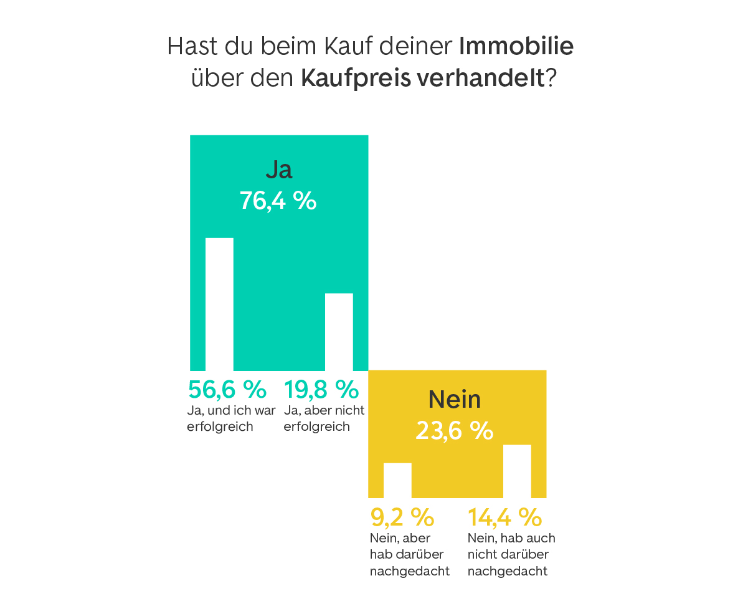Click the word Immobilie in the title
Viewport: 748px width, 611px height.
[516, 47]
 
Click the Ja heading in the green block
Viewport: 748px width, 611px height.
[278, 170]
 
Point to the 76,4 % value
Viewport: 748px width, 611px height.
[278, 201]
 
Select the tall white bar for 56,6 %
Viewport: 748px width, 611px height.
[219, 304]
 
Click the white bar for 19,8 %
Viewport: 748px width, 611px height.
[339, 332]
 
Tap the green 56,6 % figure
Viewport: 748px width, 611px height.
[227, 389]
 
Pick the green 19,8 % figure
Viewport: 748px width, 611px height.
[321, 389]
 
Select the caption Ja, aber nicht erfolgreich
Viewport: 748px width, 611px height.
[323, 418]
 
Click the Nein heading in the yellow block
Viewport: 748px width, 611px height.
[455, 400]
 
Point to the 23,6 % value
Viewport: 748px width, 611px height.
[455, 430]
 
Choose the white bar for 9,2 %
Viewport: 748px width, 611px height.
[397, 480]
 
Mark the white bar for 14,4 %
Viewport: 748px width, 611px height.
[517, 471]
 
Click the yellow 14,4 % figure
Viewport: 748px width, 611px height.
[505, 517]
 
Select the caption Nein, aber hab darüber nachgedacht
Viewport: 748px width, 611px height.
[409, 554]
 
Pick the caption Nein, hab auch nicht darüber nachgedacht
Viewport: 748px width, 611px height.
[511, 554]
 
